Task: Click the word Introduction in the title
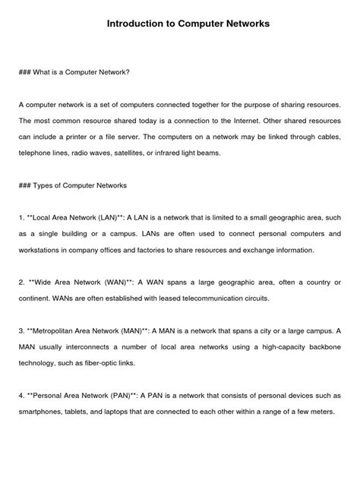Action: pyautogui.click(x=135, y=24)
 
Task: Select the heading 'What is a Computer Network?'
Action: pyautogui.click(x=83, y=72)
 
